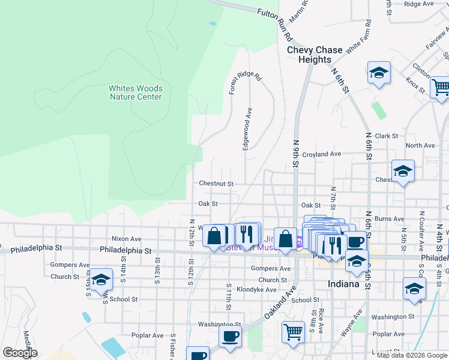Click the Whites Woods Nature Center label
pyautogui.click(x=135, y=92)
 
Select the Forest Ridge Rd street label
pyautogui.click(x=246, y=83)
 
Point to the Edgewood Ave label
pyautogui.click(x=246, y=129)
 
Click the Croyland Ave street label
pyautogui.click(x=322, y=154)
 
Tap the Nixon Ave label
pyautogui.click(x=126, y=239)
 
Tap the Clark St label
pyautogui.click(x=386, y=136)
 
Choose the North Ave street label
pyautogui.click(x=420, y=146)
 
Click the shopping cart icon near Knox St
pyautogui.click(x=440, y=87)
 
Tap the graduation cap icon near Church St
pyautogui.click(x=101, y=279)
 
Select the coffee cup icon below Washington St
pyautogui.click(x=229, y=337)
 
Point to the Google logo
pyautogui.click(x=20, y=353)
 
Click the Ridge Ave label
pyautogui.click(x=419, y=4)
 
